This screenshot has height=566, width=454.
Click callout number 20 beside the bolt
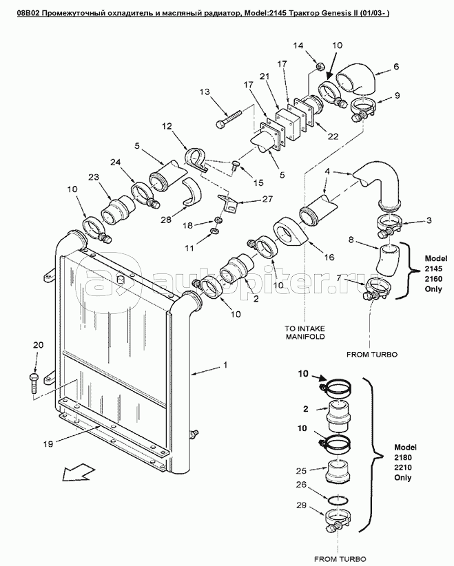[38, 345]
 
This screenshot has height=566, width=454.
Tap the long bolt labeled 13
[229, 118]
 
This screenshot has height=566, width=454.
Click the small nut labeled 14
[320, 67]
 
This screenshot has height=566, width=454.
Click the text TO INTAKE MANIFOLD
[305, 333]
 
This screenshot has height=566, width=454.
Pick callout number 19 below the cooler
[48, 444]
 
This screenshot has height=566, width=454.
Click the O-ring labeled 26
[337, 500]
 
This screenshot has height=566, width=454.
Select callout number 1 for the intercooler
[226, 365]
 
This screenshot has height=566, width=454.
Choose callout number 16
[329, 257]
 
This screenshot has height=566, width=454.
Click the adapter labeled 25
[338, 471]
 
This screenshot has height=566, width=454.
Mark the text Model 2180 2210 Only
[405, 463]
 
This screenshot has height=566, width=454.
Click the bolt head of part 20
[32, 377]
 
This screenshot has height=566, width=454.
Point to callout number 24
[115, 163]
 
